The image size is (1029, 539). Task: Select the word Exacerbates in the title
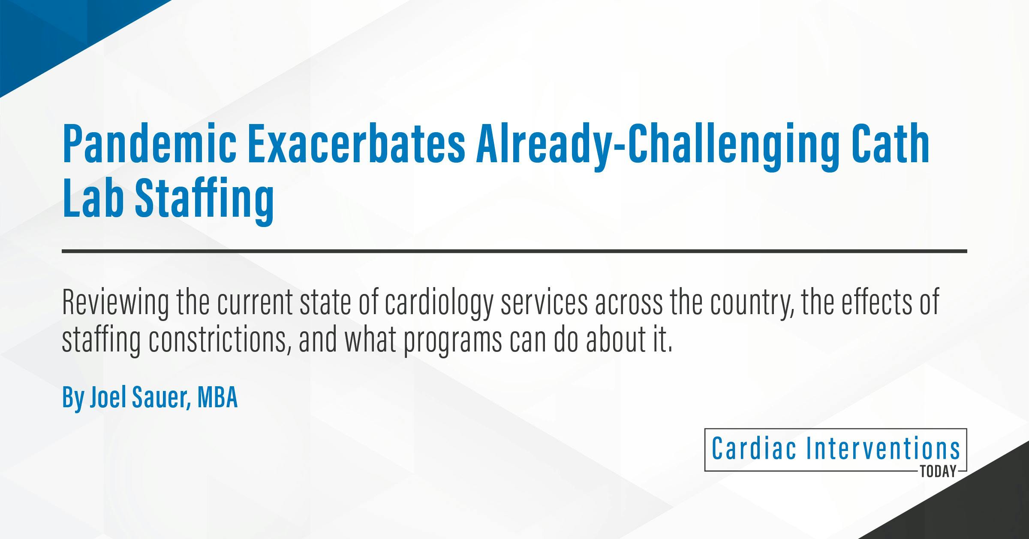click(x=356, y=144)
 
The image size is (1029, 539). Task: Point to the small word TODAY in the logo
click(x=939, y=472)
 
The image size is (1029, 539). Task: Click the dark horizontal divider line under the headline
click(x=514, y=251)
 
